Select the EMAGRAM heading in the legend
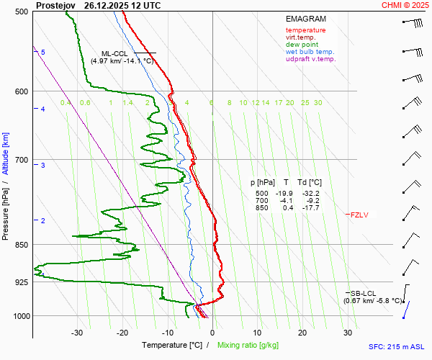306,18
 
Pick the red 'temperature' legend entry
305,30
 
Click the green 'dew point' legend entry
302,45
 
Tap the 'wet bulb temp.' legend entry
310,52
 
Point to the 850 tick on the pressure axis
22,245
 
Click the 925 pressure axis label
22,282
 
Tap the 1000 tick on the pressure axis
20,316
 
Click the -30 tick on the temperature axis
77,333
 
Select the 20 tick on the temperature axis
302,333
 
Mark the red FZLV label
359,215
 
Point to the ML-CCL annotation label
115,53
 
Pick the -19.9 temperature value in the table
287,194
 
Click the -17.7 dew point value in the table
311,208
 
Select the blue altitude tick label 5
42,53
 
